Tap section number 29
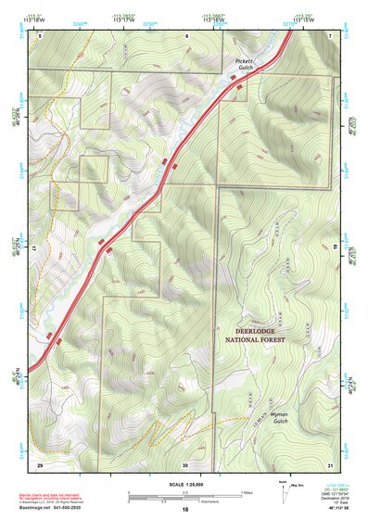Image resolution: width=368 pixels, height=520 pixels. pyautogui.click(x=40, y=463)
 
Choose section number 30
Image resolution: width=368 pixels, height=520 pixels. pyautogui.click(x=185, y=463)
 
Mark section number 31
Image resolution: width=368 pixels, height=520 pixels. pyautogui.click(x=330, y=463)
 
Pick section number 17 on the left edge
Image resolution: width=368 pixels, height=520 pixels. pyautogui.click(x=32, y=248)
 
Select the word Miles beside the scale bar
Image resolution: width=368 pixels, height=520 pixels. pyautogui.click(x=246, y=491)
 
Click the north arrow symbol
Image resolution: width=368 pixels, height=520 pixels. pyautogui.click(x=284, y=488)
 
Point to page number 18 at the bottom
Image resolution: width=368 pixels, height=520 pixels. pyautogui.click(x=185, y=511)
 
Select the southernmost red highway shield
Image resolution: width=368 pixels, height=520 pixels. pyautogui.click(x=58, y=340)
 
